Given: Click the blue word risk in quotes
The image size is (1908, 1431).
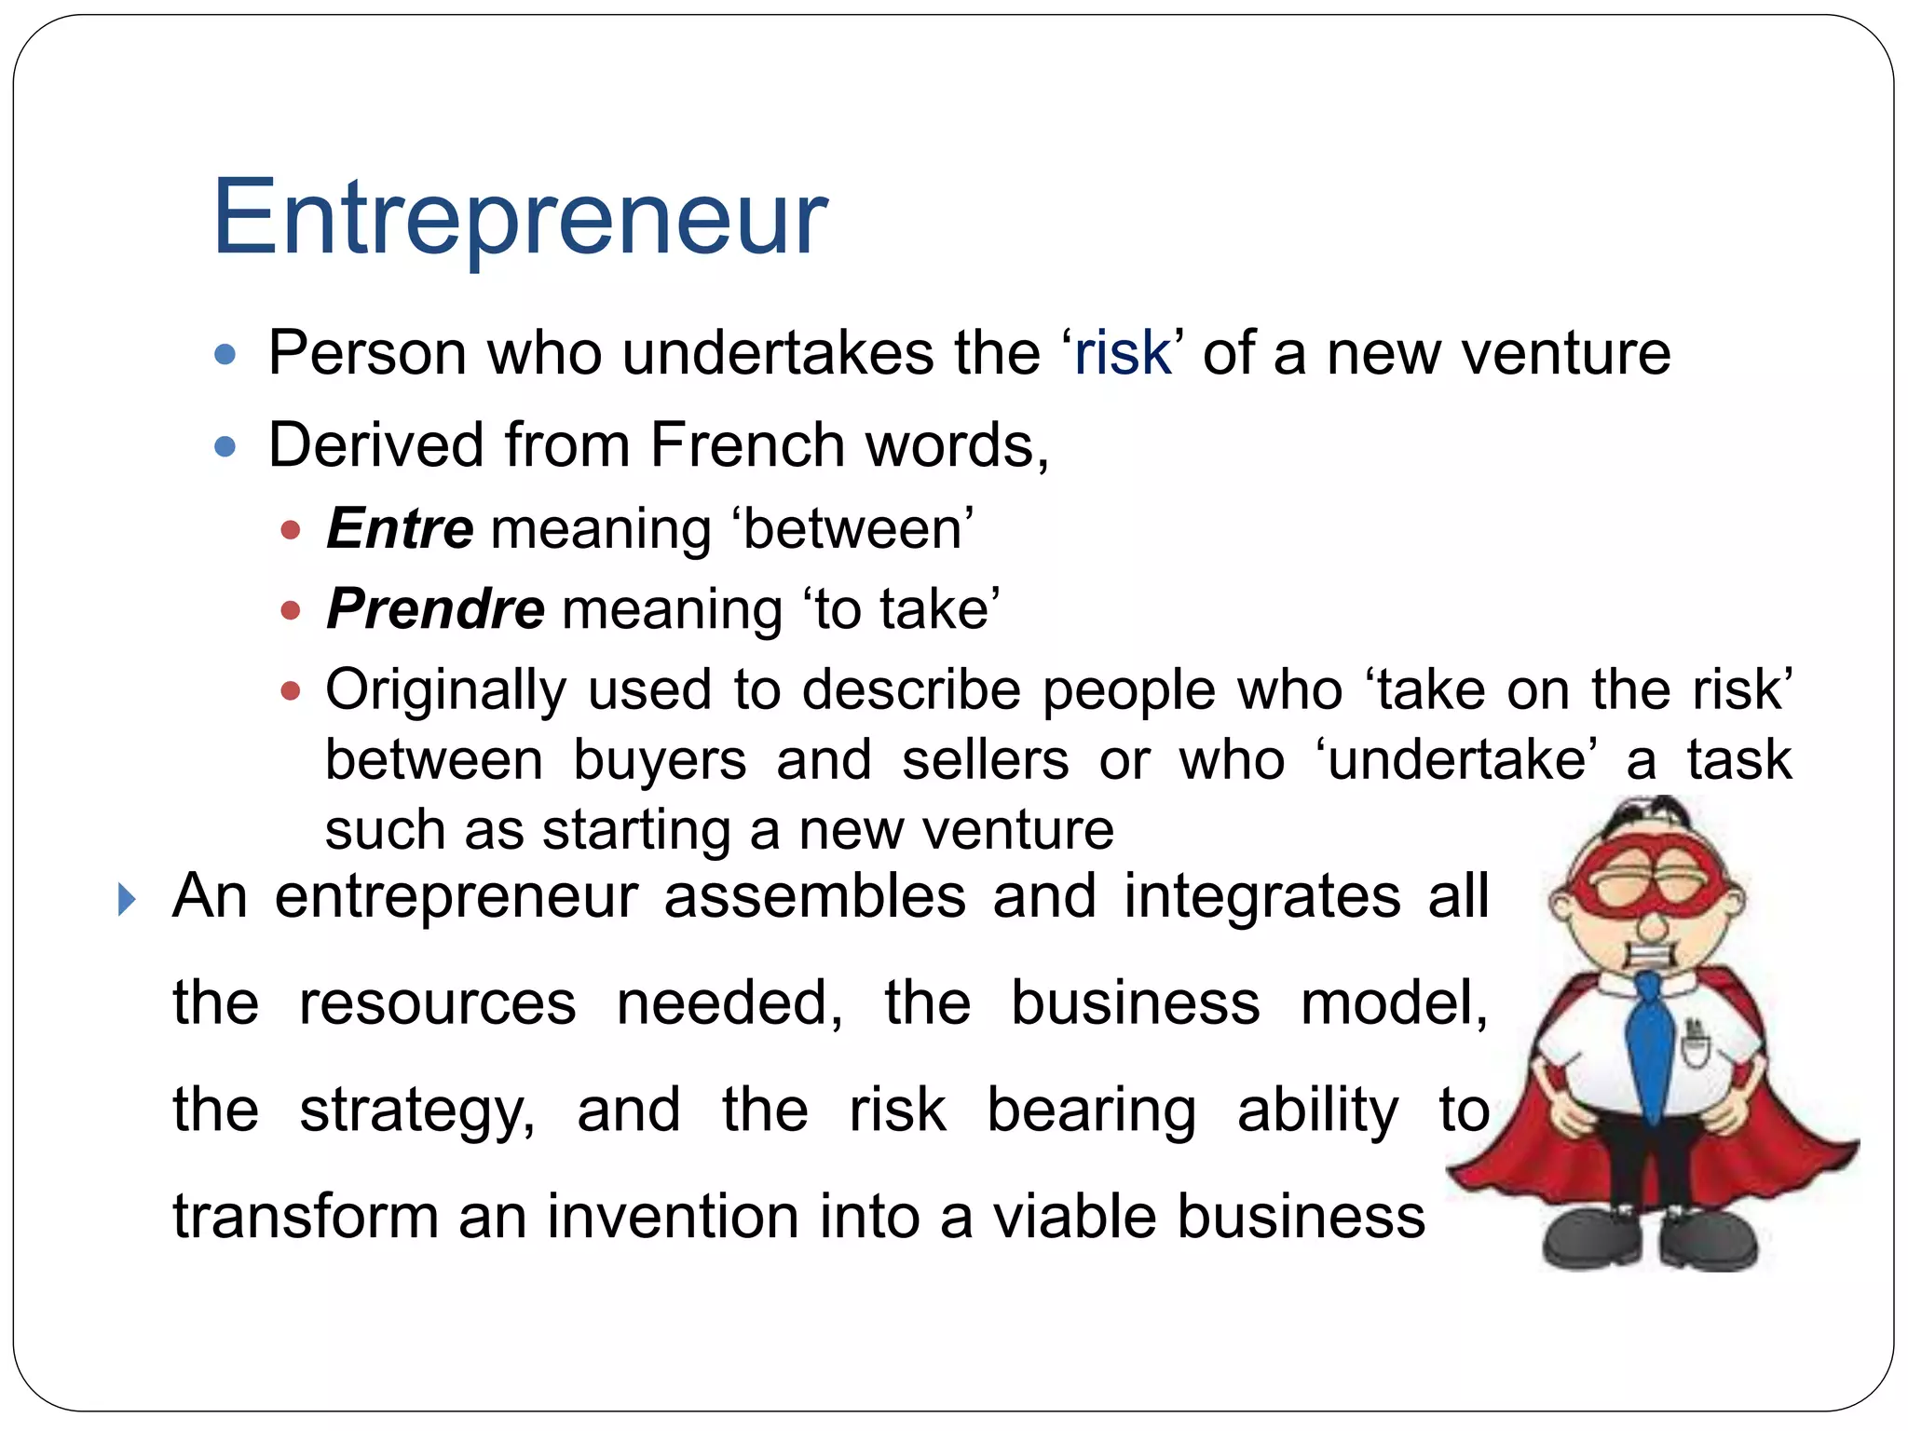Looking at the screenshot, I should coord(1122,354).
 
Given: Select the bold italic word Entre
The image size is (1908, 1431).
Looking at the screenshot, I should coord(400,529).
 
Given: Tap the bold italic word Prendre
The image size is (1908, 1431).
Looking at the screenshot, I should coord(435,609).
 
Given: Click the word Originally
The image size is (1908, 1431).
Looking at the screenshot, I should coord(445,691).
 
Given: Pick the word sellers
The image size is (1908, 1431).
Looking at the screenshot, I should coord(985,760).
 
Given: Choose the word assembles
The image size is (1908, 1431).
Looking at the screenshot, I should coord(814,897).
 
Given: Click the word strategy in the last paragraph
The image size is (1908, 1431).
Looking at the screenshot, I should coord(416,1111).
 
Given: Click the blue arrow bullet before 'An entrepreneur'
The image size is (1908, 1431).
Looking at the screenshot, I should coord(128,900).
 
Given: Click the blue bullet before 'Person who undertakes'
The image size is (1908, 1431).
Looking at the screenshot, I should coord(225,355).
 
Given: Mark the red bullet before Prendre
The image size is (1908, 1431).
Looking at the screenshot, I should coord(291,611).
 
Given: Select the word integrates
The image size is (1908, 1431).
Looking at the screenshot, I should coord(1261,897).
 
